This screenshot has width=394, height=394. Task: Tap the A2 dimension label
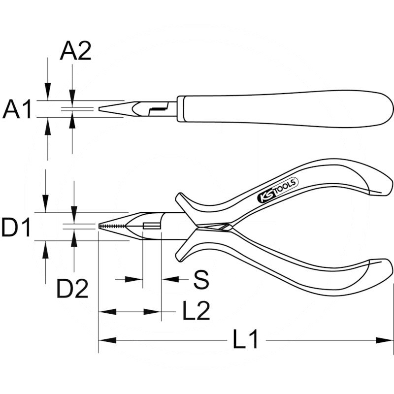click(75, 51)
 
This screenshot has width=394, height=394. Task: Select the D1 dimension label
click(16, 228)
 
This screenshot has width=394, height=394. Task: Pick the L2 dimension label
click(196, 311)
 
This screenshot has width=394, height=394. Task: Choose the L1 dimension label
click(245, 340)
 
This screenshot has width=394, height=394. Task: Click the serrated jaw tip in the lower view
click(111, 226)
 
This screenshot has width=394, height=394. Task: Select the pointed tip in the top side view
click(102, 108)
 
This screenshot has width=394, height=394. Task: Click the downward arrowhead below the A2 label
click(72, 98)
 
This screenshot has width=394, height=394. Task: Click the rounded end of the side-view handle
click(389, 109)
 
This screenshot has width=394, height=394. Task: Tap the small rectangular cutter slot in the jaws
click(152, 226)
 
